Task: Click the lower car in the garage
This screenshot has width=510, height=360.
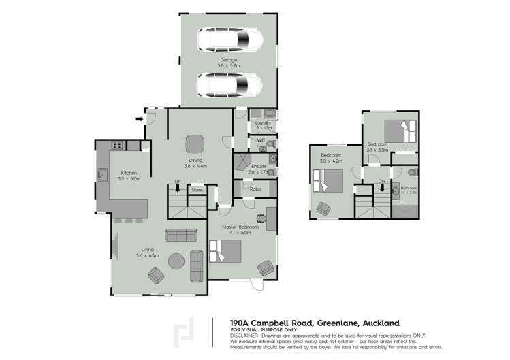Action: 229,86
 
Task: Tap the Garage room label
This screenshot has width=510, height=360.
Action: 228,60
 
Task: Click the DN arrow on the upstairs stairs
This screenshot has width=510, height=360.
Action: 381,188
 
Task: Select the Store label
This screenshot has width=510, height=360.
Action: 197,189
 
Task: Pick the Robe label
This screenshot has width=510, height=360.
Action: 256,189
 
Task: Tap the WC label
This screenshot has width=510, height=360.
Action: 259,141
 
